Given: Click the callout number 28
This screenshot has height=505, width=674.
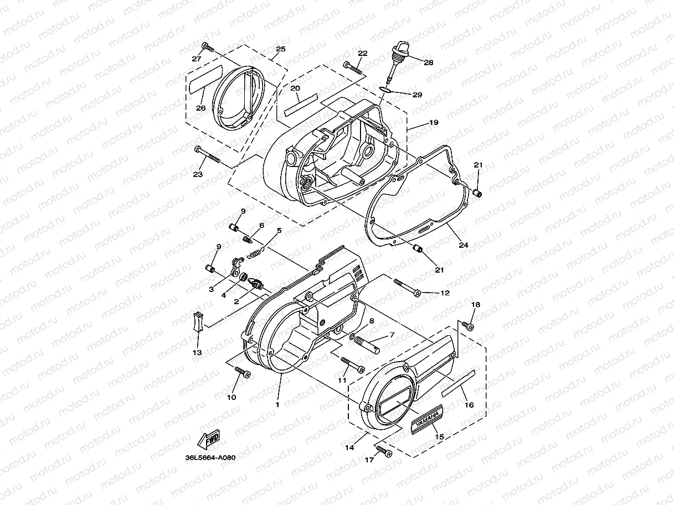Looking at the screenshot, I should [429, 63].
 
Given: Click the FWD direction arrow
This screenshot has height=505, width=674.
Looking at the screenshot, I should [209, 441].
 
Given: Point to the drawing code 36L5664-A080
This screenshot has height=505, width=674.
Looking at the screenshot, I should [211, 457].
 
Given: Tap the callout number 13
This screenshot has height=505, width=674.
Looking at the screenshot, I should [197, 352].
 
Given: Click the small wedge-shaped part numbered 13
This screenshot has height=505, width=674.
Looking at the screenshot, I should [198, 321].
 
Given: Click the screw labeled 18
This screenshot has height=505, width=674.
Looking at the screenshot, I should [469, 326].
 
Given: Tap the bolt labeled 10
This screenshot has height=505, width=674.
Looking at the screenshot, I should [242, 373].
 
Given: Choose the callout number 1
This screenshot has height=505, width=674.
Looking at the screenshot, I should [277, 404].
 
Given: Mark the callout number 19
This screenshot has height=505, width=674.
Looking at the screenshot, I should [434, 122].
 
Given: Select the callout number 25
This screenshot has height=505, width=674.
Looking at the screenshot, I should [280, 49].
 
